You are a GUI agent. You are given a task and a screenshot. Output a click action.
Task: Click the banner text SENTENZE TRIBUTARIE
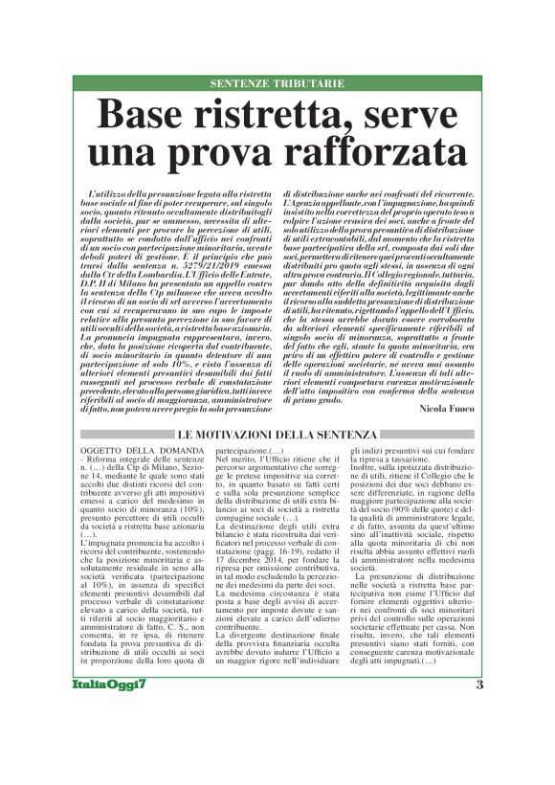pos(277,83)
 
